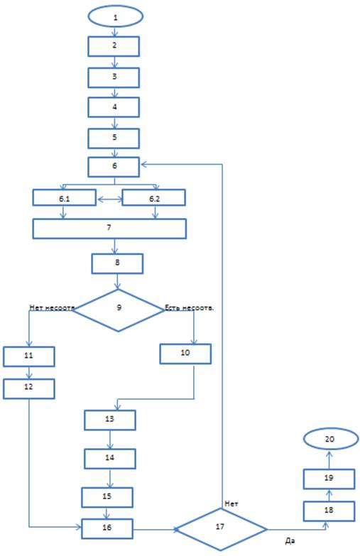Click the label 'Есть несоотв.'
click(190, 307)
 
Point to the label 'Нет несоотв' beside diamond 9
click(52, 307)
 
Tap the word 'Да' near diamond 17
click(290, 541)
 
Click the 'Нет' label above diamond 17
click(231, 504)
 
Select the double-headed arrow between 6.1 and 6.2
click(109, 200)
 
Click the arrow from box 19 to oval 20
click(329, 459)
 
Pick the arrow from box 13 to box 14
click(110, 440)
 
